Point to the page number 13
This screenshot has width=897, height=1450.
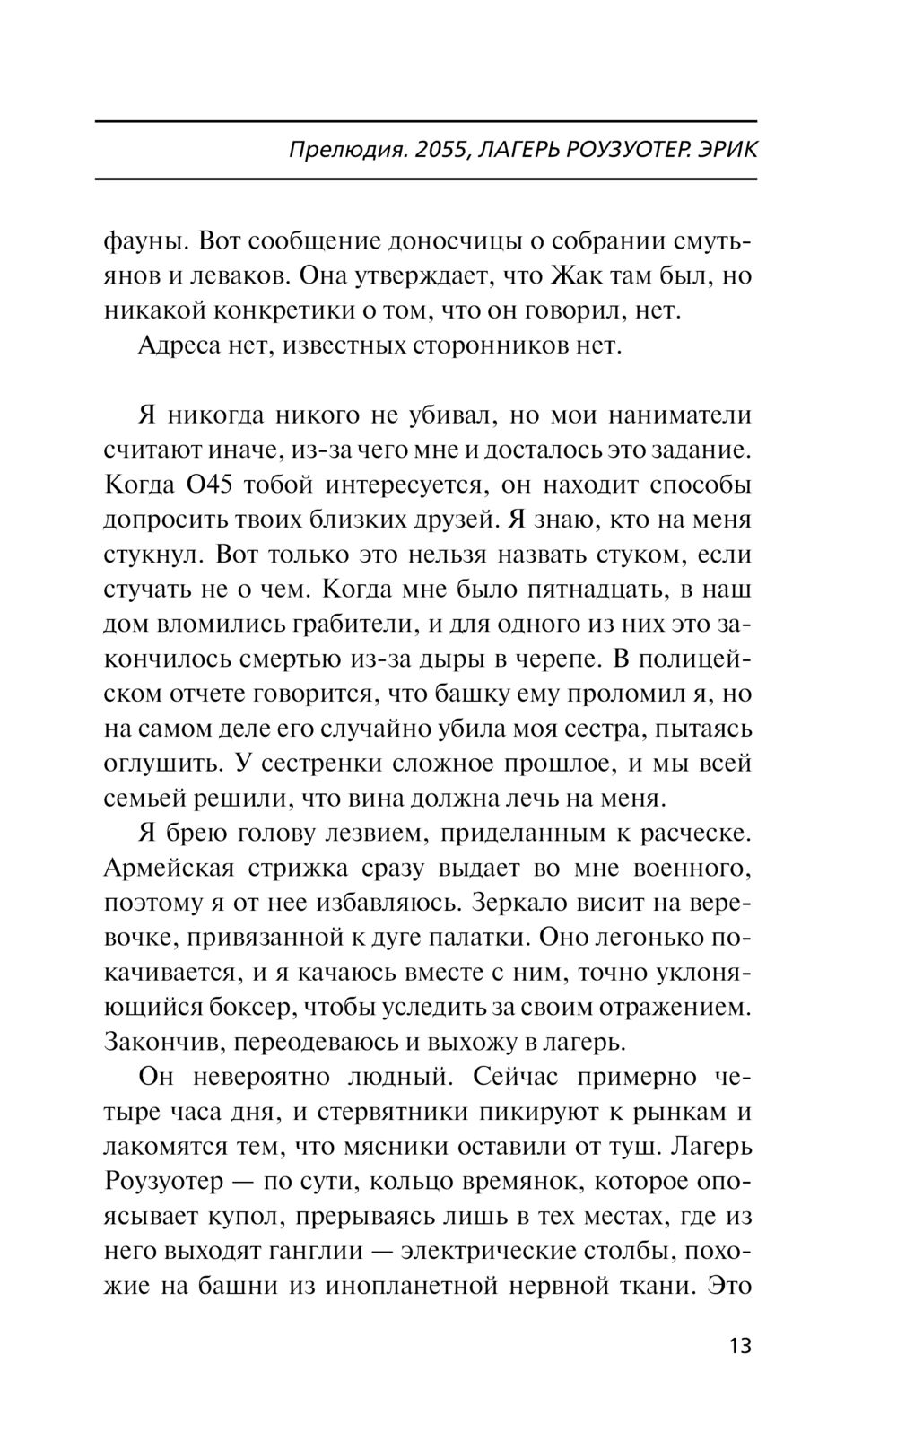740,1346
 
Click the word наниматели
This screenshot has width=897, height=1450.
681,416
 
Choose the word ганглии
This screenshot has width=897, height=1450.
319,1252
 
